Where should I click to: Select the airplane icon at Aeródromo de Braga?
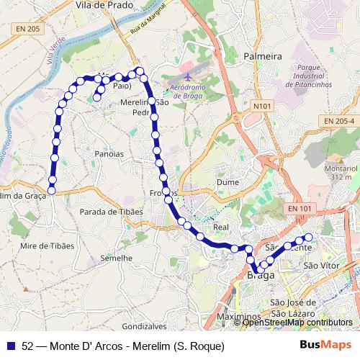188,76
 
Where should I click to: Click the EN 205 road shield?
27,28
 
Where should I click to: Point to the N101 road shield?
263,106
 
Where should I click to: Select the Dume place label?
228,182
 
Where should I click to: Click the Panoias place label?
109,154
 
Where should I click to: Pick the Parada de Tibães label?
111,212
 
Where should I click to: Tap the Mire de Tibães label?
48,246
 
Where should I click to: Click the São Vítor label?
320,266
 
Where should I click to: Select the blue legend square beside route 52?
11,346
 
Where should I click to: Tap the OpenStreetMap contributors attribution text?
298,323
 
